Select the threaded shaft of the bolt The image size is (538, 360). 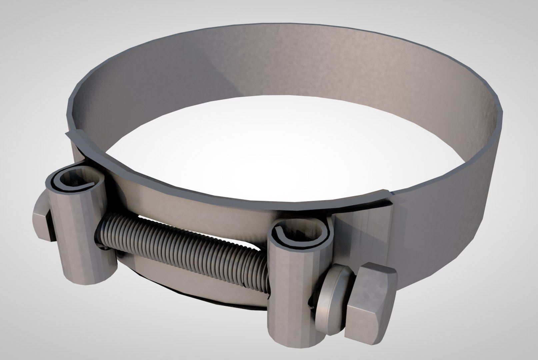180,247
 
